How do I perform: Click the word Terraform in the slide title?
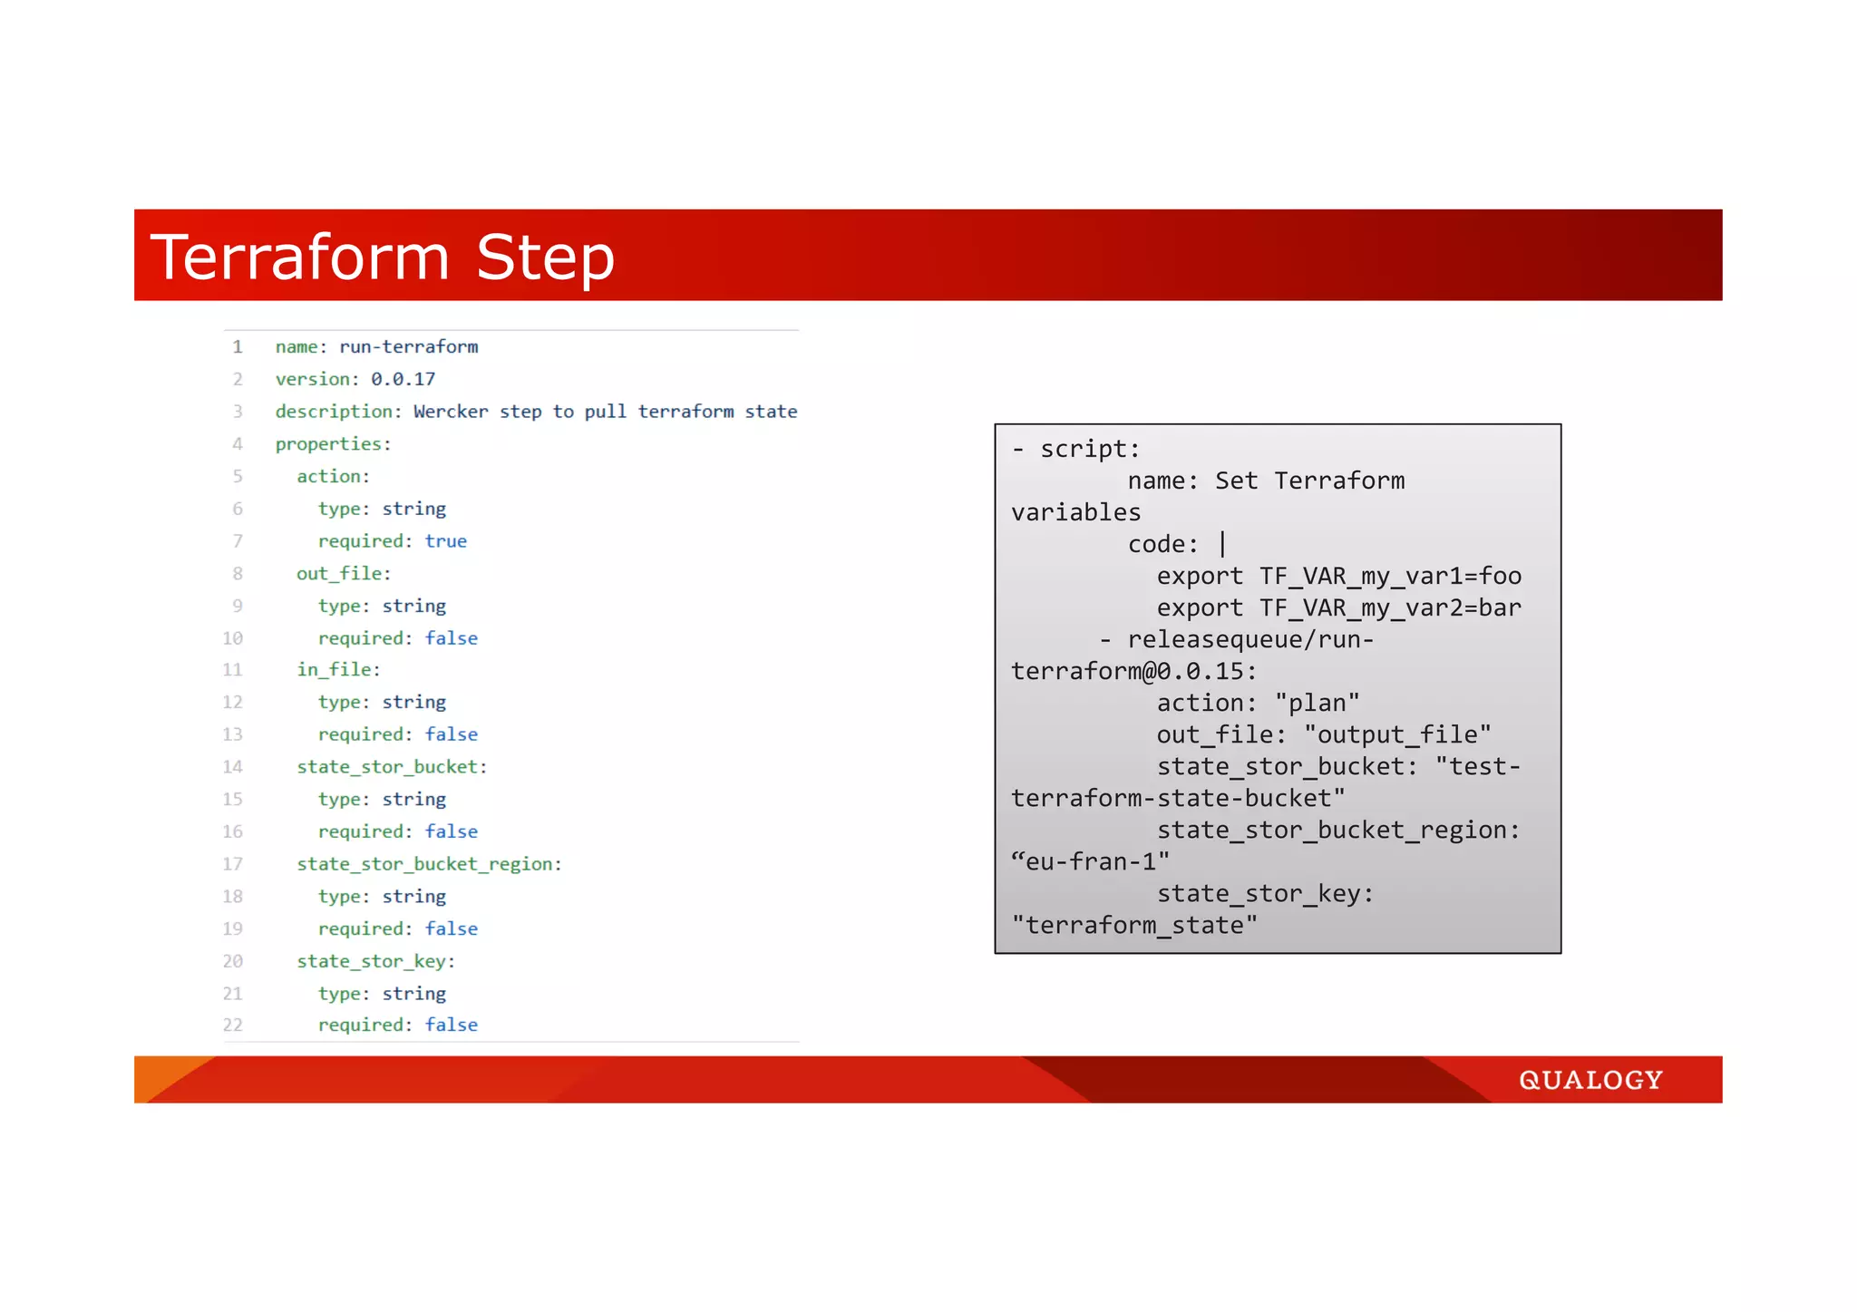click(x=300, y=258)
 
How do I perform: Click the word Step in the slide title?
click(x=545, y=258)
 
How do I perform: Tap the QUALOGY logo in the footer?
click(x=1590, y=1080)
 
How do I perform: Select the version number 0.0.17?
click(x=403, y=379)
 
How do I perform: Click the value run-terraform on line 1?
click(x=408, y=346)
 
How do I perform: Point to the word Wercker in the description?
click(x=451, y=412)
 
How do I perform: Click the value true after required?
click(x=445, y=541)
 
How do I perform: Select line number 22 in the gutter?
click(x=233, y=1025)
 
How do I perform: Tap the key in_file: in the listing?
click(x=338, y=669)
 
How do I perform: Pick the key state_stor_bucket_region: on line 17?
click(x=429, y=864)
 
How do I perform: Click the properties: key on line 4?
click(x=333, y=444)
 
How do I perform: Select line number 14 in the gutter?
click(x=233, y=767)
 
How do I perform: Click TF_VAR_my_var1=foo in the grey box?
click(x=1390, y=576)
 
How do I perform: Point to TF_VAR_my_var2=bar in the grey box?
click(x=1390, y=607)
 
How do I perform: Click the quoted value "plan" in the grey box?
click(x=1317, y=703)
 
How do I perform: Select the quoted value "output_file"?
click(x=1397, y=734)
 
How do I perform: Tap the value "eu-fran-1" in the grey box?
click(x=1090, y=861)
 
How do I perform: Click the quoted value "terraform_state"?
click(x=1134, y=925)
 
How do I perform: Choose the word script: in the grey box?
click(x=1089, y=449)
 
